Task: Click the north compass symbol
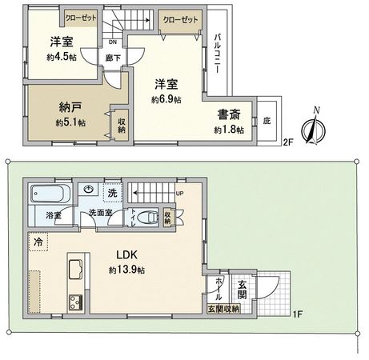coord(314,126)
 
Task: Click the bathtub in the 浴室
coord(50,194)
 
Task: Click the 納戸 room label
coord(70,108)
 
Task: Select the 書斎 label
coord(228,114)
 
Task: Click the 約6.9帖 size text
coord(166,99)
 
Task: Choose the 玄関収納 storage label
coord(223,309)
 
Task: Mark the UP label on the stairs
coord(178,194)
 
